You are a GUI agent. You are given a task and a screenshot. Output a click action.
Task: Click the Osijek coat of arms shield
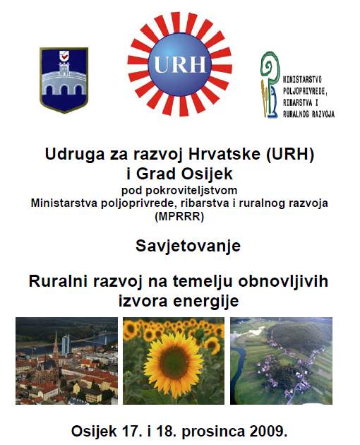tap(64, 80)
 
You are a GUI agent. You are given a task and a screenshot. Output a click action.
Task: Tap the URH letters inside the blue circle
tap(180, 64)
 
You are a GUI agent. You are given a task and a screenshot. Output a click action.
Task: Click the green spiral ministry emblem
tap(270, 84)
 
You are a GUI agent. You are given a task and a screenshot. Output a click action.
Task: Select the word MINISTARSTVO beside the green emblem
tap(302, 80)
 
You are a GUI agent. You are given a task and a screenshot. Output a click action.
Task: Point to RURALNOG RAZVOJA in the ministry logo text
tap(309, 114)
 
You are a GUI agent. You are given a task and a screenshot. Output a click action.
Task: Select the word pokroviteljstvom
tap(191, 191)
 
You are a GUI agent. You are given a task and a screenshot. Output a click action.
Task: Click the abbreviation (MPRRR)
tap(179, 217)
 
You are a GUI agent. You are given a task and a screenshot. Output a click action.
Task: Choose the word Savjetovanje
tap(188, 247)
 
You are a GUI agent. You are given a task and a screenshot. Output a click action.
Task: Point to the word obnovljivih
tap(283, 282)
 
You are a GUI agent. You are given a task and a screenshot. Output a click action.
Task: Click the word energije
tap(206, 301)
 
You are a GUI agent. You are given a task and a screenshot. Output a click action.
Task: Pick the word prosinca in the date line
tap(213, 432)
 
